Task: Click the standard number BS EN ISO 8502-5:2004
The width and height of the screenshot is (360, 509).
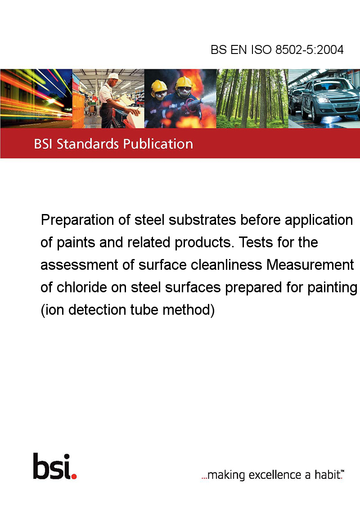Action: [x=277, y=49]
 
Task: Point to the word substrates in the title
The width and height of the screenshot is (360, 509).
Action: [x=202, y=220]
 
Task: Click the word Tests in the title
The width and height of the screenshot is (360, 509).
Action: [x=256, y=242]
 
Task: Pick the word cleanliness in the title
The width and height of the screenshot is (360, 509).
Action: [x=226, y=264]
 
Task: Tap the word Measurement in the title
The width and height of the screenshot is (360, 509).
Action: [x=310, y=264]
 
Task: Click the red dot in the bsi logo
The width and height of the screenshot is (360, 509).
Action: [x=74, y=476]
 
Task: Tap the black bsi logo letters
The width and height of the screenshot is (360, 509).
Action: [x=52, y=466]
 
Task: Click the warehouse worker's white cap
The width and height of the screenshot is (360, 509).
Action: [x=114, y=76]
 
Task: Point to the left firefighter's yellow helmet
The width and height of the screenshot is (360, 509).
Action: [x=159, y=86]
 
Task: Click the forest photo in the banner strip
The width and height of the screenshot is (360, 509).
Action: [x=252, y=98]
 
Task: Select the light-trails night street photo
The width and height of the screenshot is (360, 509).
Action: [x=36, y=98]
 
